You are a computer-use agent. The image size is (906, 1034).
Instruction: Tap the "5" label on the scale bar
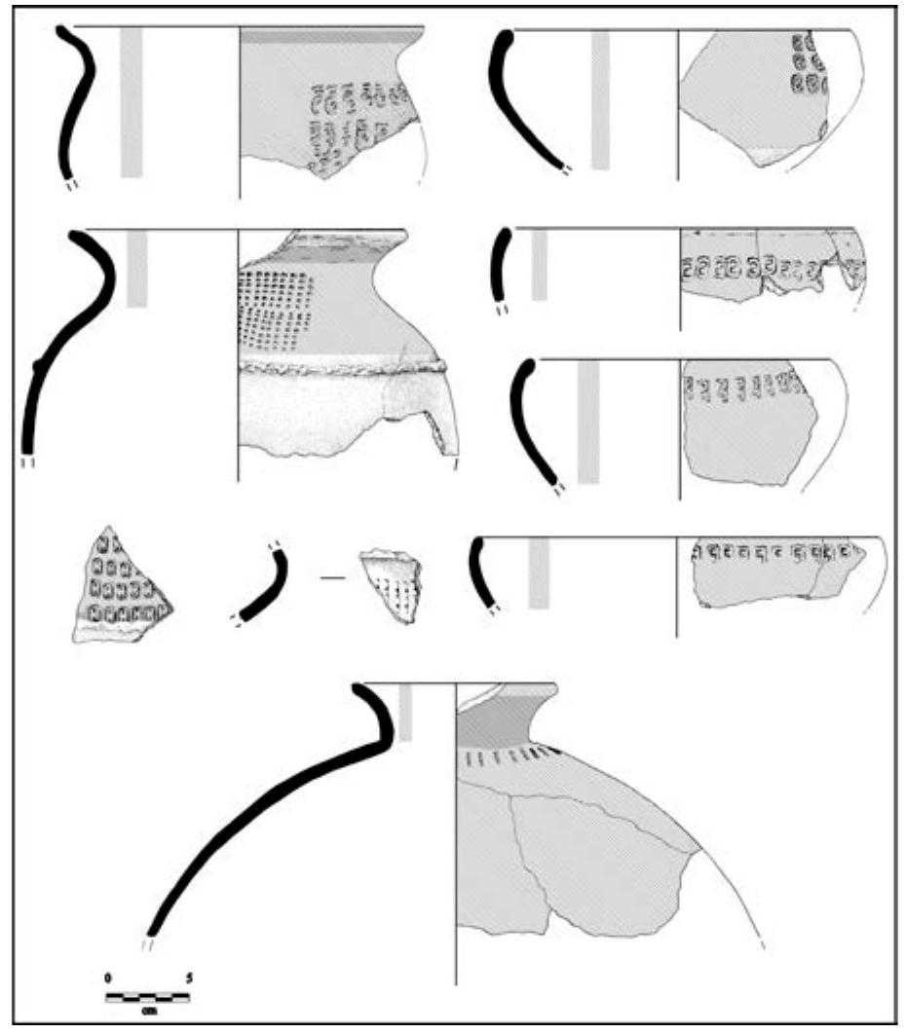189,977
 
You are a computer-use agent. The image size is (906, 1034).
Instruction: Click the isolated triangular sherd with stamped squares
122,585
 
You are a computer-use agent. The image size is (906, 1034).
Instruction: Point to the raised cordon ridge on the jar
341,367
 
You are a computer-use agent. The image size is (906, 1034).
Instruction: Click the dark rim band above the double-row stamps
331,36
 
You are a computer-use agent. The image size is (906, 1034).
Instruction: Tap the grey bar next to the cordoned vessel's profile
137,268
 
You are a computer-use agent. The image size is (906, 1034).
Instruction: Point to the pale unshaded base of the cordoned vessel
321,414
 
